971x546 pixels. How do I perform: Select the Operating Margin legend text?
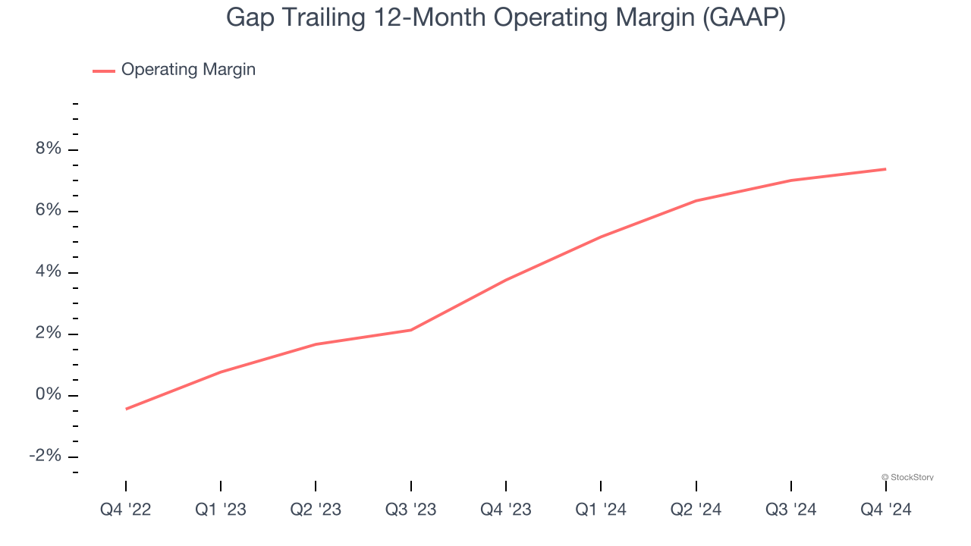coord(188,70)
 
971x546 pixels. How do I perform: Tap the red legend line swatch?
coord(104,71)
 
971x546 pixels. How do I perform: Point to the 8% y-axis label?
coord(48,149)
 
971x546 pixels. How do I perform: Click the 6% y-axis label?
coord(48,211)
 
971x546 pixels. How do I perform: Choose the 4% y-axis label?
coord(48,272)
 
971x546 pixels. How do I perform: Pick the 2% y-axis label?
coord(48,334)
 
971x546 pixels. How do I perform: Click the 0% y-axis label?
coord(48,395)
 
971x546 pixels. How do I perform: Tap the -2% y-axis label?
coord(45,457)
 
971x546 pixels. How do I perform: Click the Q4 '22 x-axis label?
coord(126,510)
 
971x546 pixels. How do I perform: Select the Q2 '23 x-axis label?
coord(316,510)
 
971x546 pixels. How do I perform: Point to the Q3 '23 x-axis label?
coord(410,510)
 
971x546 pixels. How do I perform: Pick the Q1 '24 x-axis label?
coord(601,510)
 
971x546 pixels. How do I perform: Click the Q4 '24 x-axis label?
coord(885,510)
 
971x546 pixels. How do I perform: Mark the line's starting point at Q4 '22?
coord(126,409)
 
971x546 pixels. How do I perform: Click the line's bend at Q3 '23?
coord(410,330)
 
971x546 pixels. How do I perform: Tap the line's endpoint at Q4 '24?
coord(885,169)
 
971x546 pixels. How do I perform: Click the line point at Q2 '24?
coord(696,201)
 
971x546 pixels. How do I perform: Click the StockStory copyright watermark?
coord(907,477)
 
